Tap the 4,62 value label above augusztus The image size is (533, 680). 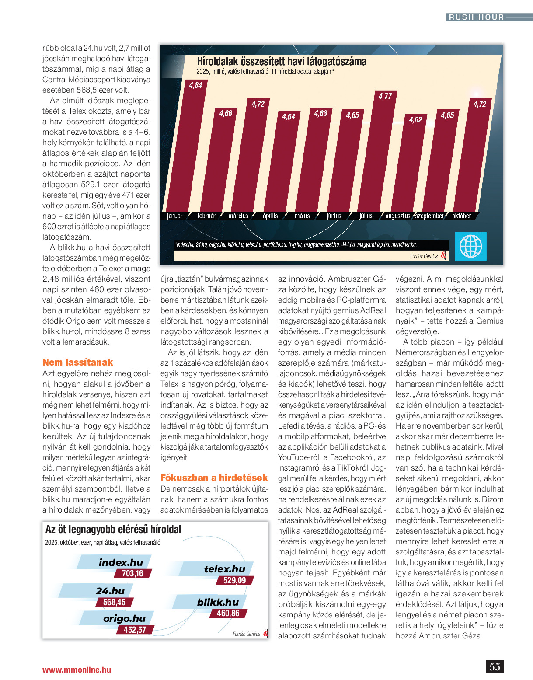(x=415, y=120)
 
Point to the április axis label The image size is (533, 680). (x=270, y=216)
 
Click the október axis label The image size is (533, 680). (x=461, y=216)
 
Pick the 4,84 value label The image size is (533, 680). (x=195, y=85)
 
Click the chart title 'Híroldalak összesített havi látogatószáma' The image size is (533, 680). (x=281, y=62)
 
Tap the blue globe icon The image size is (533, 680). (x=470, y=246)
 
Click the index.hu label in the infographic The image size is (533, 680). (x=121, y=562)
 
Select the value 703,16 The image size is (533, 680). (x=132, y=573)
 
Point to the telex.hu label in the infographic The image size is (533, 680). (x=224, y=569)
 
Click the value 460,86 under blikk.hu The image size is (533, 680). (x=228, y=613)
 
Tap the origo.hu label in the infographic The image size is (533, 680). (x=124, y=618)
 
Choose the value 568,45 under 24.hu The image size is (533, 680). (x=114, y=602)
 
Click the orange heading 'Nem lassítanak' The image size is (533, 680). (x=77, y=362)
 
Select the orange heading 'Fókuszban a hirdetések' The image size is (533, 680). (x=214, y=478)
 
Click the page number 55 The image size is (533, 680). (x=495, y=666)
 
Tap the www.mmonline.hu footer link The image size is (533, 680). (x=77, y=670)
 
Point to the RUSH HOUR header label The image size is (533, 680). (x=476, y=17)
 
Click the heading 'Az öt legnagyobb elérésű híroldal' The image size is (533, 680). (x=113, y=530)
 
